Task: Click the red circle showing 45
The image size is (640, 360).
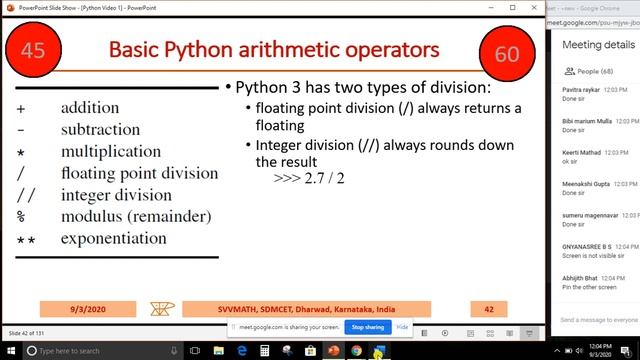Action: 33,50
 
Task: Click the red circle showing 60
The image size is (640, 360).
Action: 507,52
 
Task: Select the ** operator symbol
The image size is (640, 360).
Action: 25,240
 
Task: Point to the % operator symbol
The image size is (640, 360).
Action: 21,217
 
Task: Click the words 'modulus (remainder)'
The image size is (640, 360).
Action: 135,217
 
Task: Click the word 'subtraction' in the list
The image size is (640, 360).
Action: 100,129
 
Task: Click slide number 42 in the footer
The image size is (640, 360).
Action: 489,310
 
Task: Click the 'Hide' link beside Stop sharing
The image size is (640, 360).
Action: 403,327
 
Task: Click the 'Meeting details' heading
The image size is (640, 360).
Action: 598,45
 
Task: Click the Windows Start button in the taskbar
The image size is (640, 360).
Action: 11,351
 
